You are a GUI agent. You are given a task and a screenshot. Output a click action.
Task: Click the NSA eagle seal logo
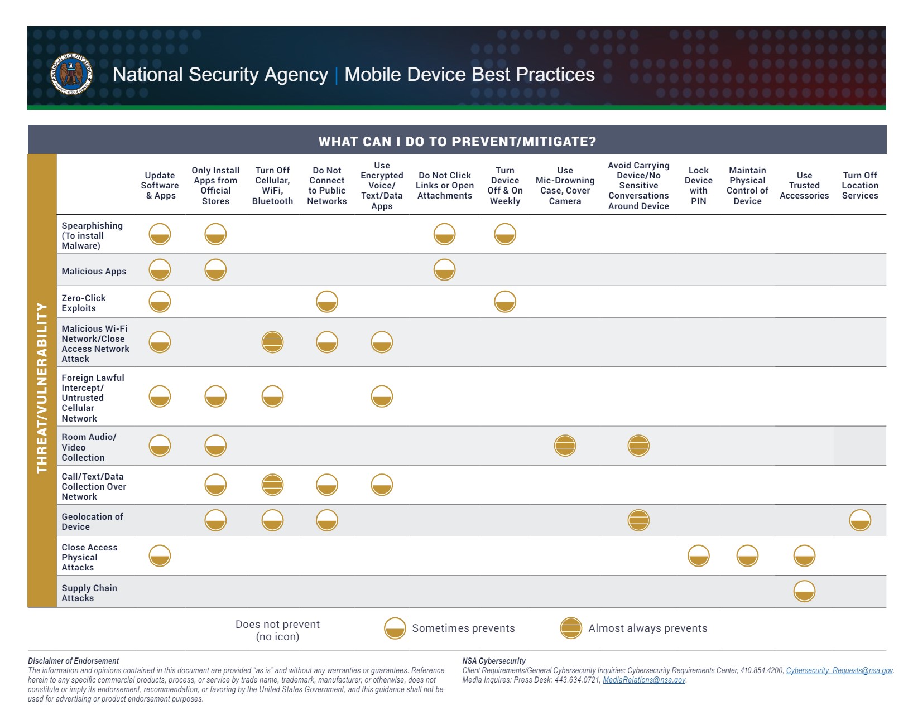[x=71, y=74]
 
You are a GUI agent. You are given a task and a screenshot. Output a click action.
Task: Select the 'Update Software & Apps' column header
[x=160, y=185]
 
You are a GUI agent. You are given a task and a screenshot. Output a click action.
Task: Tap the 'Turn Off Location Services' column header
[x=859, y=185]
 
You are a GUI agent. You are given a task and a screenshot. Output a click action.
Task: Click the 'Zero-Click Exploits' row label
[x=83, y=303]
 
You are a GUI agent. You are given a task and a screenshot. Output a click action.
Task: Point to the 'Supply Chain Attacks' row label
[x=89, y=593]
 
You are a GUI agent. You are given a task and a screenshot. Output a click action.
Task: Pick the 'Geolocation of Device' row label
[x=92, y=521]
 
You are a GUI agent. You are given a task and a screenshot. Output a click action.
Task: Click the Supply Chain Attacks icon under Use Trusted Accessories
[x=804, y=591]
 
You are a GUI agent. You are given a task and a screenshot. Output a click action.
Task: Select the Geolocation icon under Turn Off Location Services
[x=859, y=520]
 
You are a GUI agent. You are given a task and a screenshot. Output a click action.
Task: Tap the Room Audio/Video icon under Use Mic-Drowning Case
[x=565, y=446]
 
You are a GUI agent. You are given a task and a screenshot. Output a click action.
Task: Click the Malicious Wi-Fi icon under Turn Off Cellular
[x=272, y=342]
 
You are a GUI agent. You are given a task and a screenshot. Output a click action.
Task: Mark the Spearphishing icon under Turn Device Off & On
[x=504, y=234]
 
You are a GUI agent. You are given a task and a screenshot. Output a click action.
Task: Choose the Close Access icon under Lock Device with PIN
[x=698, y=555]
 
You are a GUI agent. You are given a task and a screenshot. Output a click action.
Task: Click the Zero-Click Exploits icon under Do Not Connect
[x=326, y=301]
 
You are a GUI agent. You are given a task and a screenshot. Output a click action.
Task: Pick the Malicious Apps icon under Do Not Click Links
[x=444, y=269]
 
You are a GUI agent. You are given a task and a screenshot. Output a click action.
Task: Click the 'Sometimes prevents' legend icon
[x=395, y=628]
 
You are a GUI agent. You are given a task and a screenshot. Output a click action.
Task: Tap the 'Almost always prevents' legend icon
[x=570, y=628]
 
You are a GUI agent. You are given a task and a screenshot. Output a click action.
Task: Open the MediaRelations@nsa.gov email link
[x=643, y=680]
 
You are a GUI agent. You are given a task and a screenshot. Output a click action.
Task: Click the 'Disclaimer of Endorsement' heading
[x=73, y=661]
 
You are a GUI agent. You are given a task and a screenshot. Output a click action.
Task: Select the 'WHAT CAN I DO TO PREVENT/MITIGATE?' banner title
[x=456, y=142]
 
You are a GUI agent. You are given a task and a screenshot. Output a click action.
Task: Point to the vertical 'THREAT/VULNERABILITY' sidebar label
[x=42, y=388]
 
